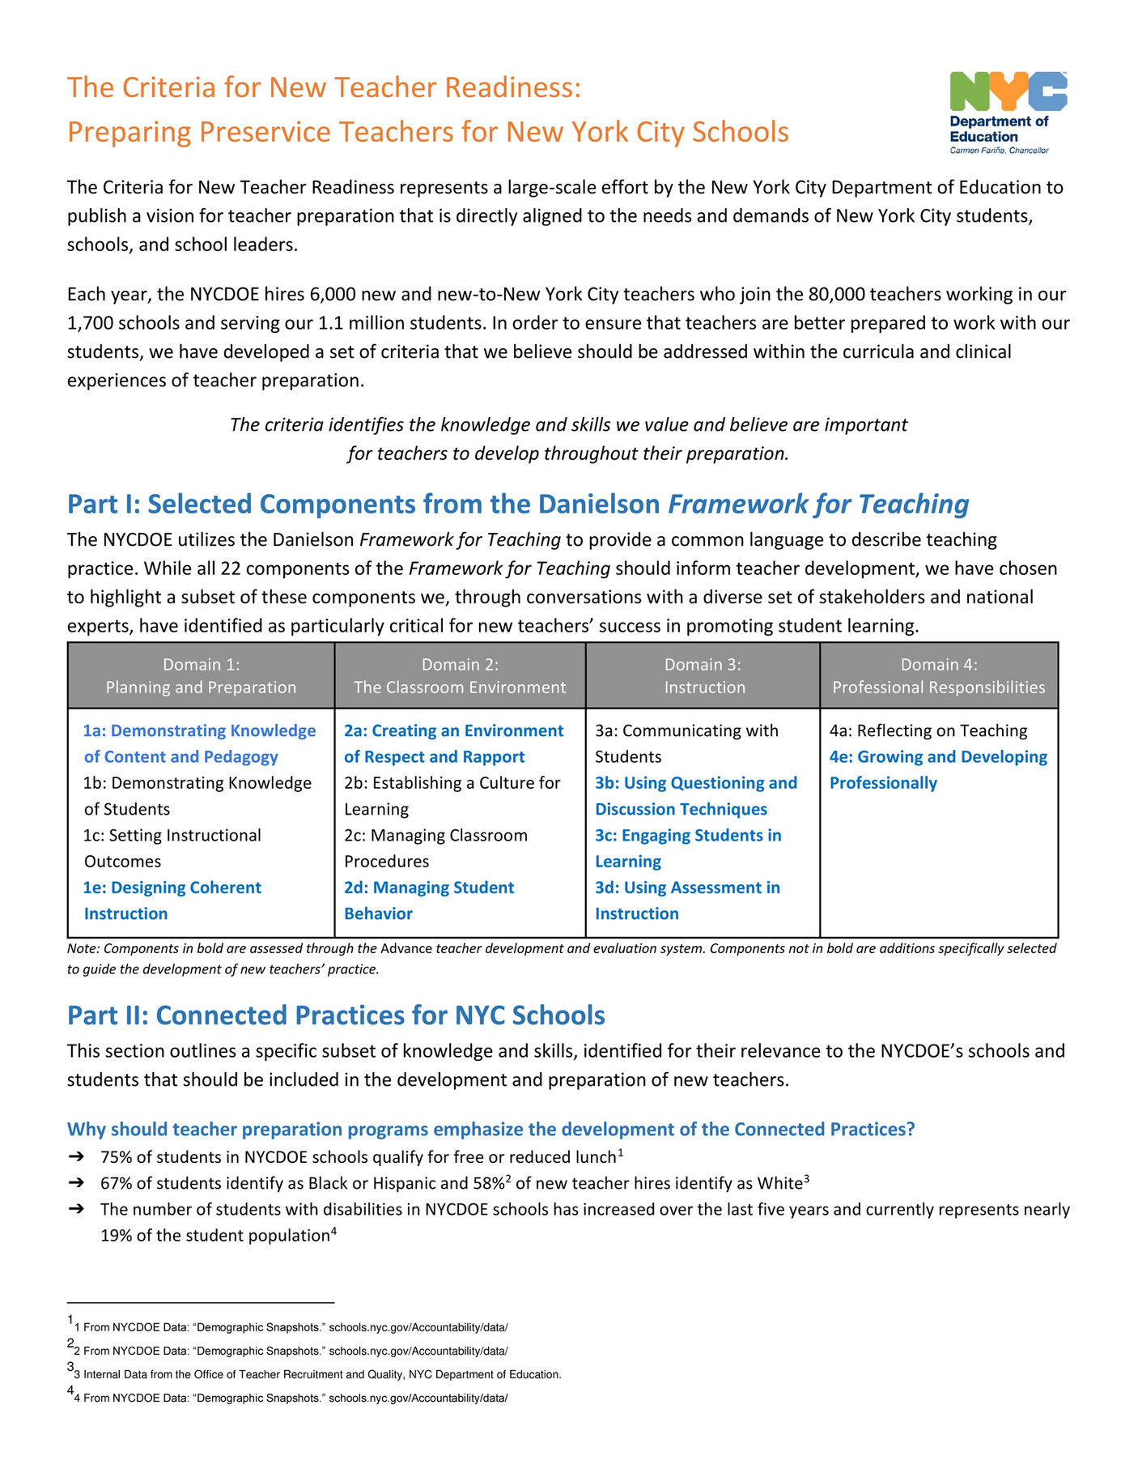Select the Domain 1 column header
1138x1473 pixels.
pyautogui.click(x=201, y=676)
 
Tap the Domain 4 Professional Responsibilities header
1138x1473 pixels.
pyautogui.click(x=939, y=676)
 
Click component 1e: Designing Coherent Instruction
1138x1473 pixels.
pyautogui.click(x=172, y=900)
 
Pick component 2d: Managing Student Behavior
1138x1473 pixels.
pyautogui.click(x=428, y=900)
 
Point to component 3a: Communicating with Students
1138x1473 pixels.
pyautogui.click(x=686, y=743)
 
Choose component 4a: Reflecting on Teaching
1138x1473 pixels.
pyautogui.click(x=928, y=730)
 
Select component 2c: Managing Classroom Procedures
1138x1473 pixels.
pyautogui.click(x=435, y=848)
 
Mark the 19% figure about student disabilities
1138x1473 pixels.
pyautogui.click(x=117, y=1236)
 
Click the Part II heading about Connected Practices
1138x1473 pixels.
pyautogui.click(x=336, y=1015)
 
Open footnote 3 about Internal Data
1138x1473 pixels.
pyautogui.click(x=321, y=1374)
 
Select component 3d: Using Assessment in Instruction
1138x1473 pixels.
pyautogui.click(x=687, y=900)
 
